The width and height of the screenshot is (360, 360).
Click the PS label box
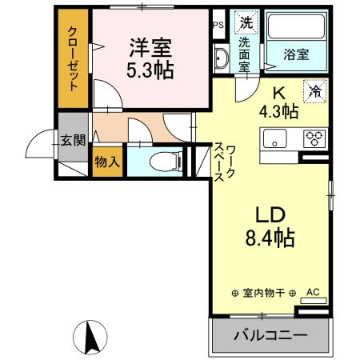(218, 25)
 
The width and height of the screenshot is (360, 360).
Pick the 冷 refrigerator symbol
(316, 91)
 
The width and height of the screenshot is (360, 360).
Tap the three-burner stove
(313, 139)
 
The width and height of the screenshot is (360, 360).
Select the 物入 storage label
(107, 160)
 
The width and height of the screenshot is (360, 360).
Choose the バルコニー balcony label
(269, 334)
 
